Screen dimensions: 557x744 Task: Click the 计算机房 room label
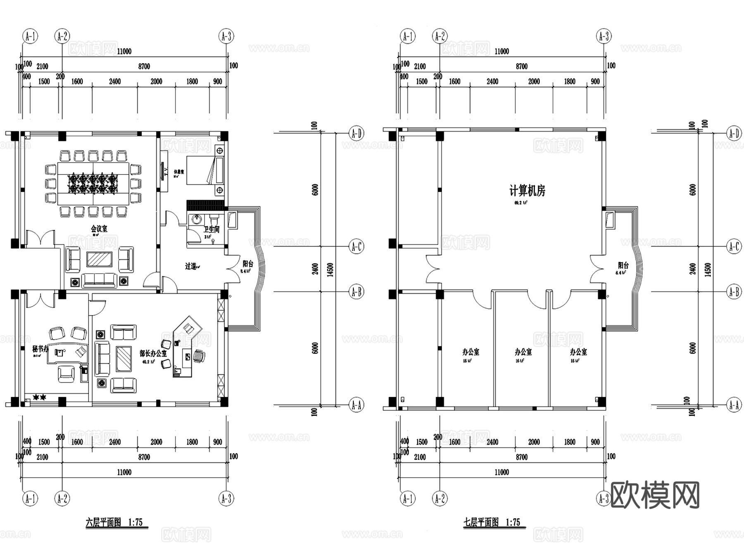(527, 191)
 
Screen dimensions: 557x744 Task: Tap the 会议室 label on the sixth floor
(99, 229)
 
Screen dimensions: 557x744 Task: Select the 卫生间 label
(211, 229)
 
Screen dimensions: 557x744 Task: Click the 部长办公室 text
(153, 354)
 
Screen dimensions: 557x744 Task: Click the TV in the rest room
(165, 171)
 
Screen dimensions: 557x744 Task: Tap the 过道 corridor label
(191, 266)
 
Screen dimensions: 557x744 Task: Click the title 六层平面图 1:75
(114, 522)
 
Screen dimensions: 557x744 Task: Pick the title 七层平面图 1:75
(491, 522)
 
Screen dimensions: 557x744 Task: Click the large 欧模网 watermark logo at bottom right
(655, 495)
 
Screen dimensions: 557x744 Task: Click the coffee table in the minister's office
(124, 359)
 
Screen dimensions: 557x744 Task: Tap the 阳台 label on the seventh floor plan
(623, 265)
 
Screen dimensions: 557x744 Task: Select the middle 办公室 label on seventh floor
(523, 352)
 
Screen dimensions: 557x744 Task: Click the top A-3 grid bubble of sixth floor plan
(226, 36)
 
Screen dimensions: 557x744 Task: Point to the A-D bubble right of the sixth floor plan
(356, 133)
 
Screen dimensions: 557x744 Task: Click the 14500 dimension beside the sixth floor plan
(330, 270)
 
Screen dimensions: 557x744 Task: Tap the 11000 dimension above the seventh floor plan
(501, 51)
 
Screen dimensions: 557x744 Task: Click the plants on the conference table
(93, 183)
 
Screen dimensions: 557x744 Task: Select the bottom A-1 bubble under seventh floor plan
(408, 498)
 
